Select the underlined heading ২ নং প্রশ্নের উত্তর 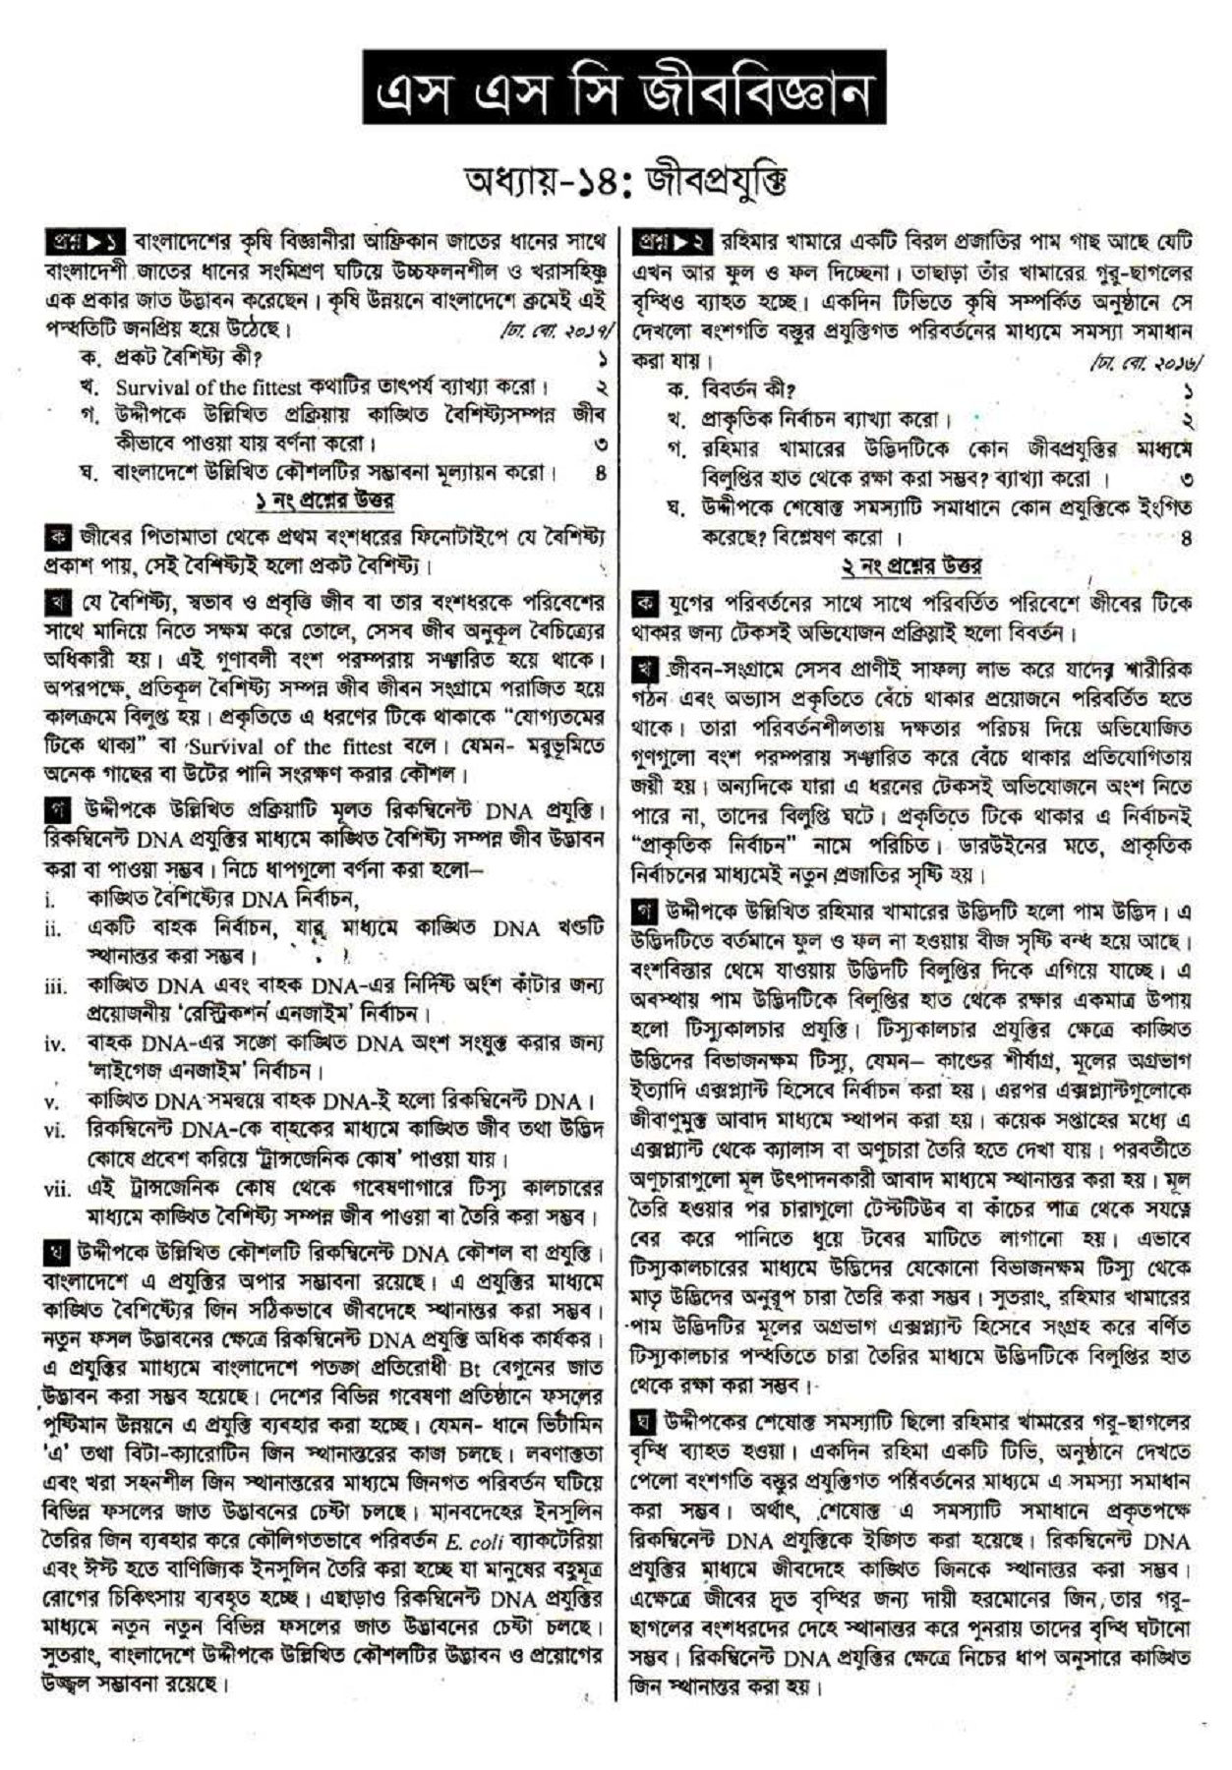[x=910, y=566]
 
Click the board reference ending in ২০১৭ [x=558, y=328]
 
